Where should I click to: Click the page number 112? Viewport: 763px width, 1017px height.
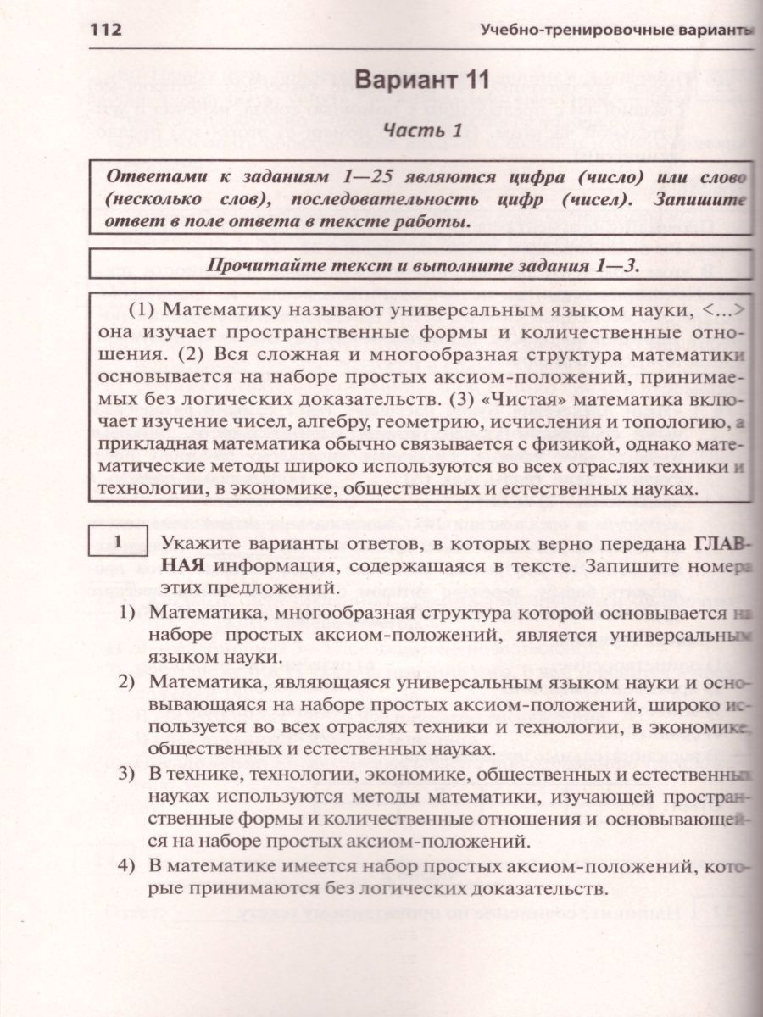(107, 31)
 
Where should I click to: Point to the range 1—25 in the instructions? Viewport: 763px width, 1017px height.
(359, 179)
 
